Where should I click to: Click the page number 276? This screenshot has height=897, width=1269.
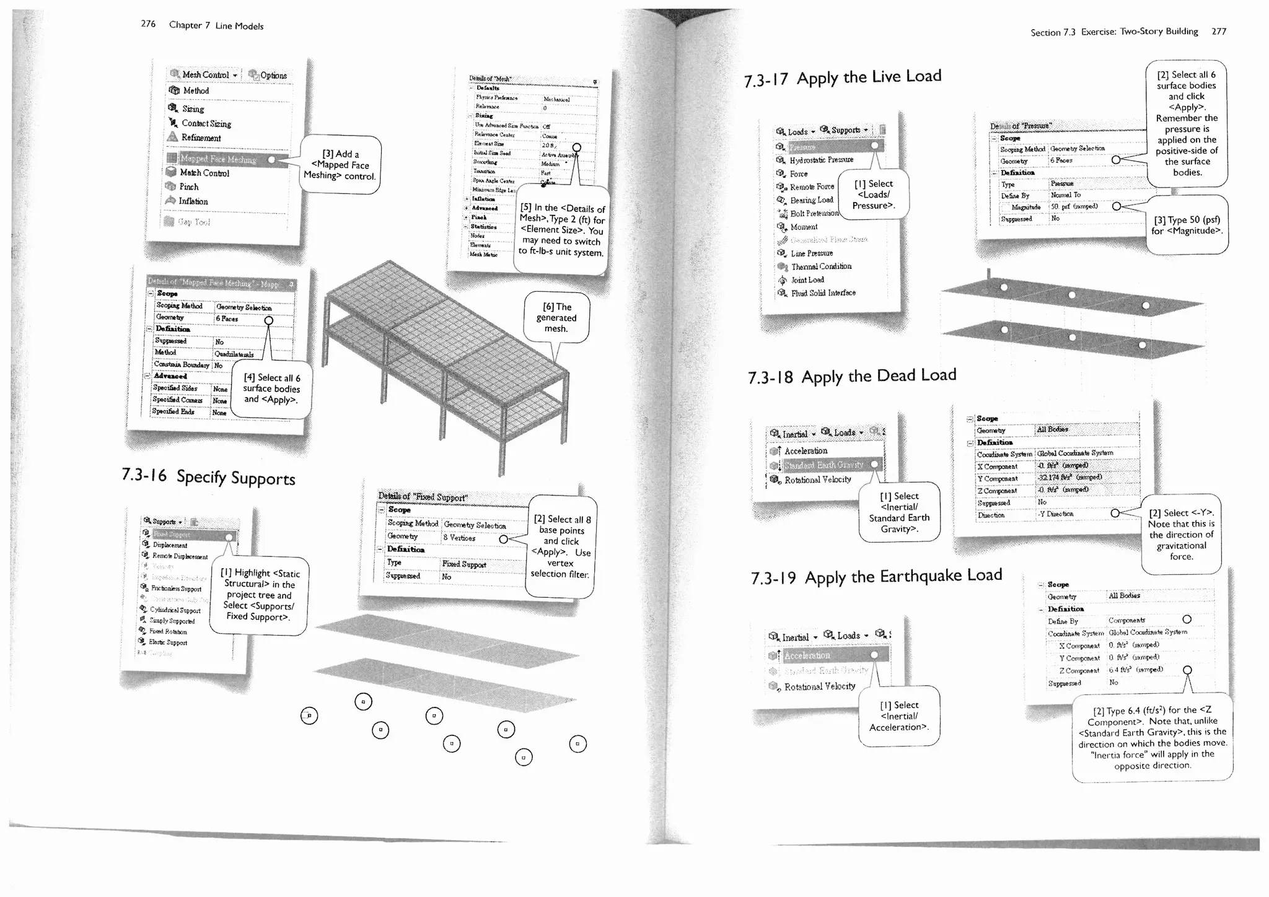tap(148, 24)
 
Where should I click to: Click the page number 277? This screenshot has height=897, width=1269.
tap(1219, 31)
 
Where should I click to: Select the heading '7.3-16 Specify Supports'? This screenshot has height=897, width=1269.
tap(208, 476)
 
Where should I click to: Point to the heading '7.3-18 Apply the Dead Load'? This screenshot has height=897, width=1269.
tap(852, 376)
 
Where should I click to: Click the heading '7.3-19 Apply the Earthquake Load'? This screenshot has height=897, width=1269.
tap(876, 577)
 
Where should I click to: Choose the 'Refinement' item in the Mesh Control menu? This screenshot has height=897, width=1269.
tap(201, 138)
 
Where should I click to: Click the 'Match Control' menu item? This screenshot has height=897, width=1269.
tap(204, 173)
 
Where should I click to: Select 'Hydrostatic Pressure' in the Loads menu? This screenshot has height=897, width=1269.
tap(821, 160)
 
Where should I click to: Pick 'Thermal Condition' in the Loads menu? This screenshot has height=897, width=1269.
tap(821, 266)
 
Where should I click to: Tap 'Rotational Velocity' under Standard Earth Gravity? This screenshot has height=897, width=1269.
tap(817, 479)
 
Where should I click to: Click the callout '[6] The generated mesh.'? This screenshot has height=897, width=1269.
tap(556, 318)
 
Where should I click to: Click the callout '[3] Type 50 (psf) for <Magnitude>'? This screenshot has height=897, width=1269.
tap(1187, 225)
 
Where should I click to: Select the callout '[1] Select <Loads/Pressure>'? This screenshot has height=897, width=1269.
tap(873, 195)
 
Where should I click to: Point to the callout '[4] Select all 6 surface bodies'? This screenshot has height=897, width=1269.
tap(271, 388)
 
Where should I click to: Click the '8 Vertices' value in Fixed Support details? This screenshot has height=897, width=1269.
tap(459, 538)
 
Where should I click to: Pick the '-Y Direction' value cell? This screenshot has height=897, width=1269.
tap(1056, 514)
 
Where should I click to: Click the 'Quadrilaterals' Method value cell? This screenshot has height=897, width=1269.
tap(234, 354)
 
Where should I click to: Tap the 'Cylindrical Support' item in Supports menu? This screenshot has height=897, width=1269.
tap(175, 610)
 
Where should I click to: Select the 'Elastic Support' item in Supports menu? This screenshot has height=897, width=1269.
tap(168, 642)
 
